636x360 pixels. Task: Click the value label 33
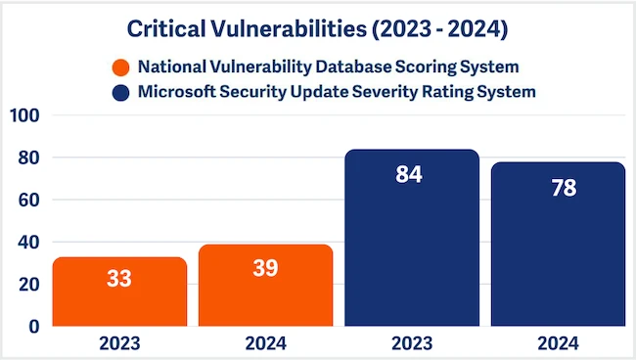pyautogui.click(x=119, y=279)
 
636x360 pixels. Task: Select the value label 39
pyautogui.click(x=265, y=267)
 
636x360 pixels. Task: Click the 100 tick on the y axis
pyautogui.click(x=23, y=116)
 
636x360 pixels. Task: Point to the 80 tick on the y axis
pyautogui.click(x=27, y=158)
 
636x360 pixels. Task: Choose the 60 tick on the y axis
pyautogui.click(x=27, y=201)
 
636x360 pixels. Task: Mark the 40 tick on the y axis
pyautogui.click(x=27, y=243)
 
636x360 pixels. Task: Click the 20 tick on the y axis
pyautogui.click(x=27, y=285)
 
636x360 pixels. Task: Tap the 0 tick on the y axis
pyautogui.click(x=32, y=326)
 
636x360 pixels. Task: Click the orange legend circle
pyautogui.click(x=120, y=67)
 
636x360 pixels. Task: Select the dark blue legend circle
pyautogui.click(x=120, y=93)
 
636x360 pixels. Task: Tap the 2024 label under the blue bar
pyautogui.click(x=558, y=344)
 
